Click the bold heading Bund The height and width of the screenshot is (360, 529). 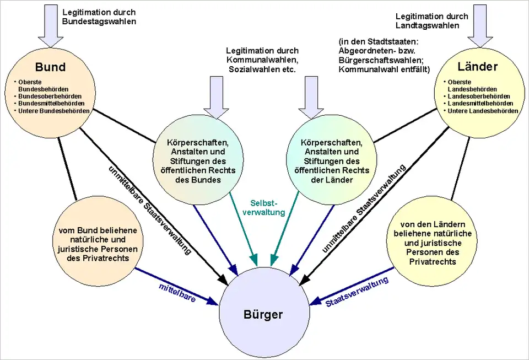click(x=50, y=67)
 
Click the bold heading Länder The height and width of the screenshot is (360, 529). click(x=478, y=67)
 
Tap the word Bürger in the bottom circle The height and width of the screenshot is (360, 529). click(x=263, y=315)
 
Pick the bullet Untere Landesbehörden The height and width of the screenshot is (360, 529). click(x=484, y=111)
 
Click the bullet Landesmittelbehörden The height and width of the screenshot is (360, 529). click(x=482, y=103)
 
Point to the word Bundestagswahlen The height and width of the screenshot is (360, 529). click(x=99, y=22)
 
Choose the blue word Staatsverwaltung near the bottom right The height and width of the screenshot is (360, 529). click(x=357, y=292)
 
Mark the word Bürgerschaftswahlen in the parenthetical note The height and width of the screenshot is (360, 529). click(x=381, y=60)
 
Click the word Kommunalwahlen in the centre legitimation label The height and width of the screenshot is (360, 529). click(x=262, y=60)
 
